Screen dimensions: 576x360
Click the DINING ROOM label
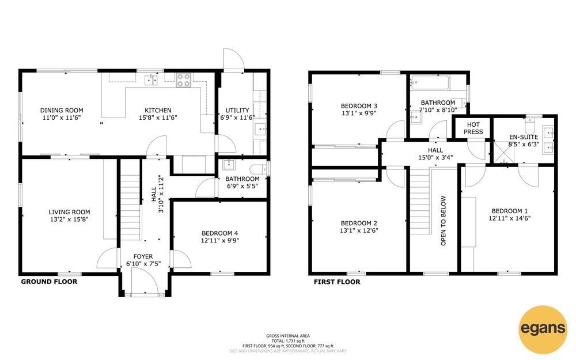point(62,110)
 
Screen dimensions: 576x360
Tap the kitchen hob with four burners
point(184,81)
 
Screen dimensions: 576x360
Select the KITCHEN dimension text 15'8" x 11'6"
point(158,118)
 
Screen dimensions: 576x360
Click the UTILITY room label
point(237,110)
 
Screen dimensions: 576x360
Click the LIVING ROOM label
point(70,212)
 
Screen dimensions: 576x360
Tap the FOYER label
point(143,256)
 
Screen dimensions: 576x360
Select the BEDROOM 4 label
point(219,233)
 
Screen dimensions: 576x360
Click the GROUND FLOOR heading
point(49,282)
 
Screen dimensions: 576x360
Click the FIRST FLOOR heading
point(337,282)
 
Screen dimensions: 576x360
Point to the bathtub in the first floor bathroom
point(430,83)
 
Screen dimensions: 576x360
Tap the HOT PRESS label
point(473,128)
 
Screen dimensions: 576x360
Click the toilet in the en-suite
point(530,126)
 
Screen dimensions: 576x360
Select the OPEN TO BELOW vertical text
point(444,221)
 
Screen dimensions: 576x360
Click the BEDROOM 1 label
point(510,211)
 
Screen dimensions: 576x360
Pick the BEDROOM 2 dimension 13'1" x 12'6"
point(359,231)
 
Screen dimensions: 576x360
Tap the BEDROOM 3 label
point(359,106)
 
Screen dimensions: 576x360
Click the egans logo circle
point(543,329)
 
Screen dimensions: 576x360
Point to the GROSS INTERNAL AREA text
point(288,336)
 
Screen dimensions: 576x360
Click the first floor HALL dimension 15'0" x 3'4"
point(435,158)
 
